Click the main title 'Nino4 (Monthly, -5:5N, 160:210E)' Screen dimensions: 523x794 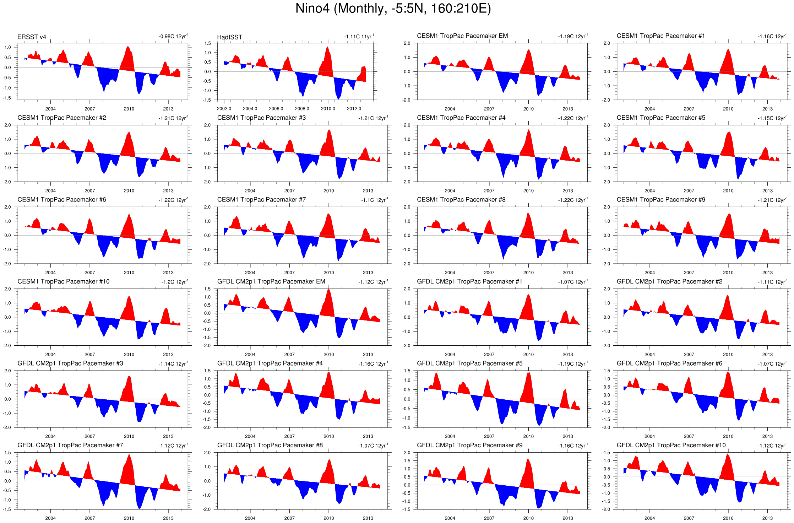(x=393, y=9)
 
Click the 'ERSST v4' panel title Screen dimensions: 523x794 (x=32, y=37)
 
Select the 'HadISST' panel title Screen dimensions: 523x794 (x=229, y=37)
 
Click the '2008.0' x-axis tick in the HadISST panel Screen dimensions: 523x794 (x=302, y=109)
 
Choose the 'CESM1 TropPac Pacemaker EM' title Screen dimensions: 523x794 (x=462, y=36)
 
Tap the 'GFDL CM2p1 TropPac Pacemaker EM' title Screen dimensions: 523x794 (x=271, y=281)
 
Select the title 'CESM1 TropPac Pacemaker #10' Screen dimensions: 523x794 (x=63, y=281)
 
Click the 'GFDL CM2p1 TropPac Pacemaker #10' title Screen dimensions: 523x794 (x=671, y=445)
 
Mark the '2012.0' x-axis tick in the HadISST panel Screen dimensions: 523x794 (x=354, y=109)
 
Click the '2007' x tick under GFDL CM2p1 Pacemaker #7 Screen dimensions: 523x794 (x=89, y=518)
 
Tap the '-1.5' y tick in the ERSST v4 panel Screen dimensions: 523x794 (x=8, y=98)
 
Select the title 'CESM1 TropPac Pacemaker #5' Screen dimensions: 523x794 (x=660, y=118)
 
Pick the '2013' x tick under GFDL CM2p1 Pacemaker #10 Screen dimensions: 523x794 (x=767, y=518)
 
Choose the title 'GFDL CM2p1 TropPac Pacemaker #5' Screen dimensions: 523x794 (x=469, y=363)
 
